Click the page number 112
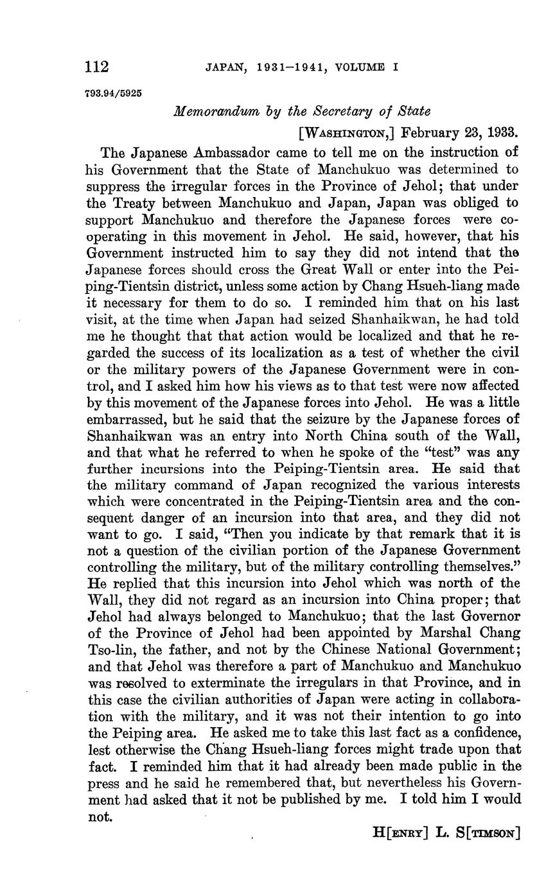point(97,67)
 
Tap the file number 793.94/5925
point(113,92)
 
